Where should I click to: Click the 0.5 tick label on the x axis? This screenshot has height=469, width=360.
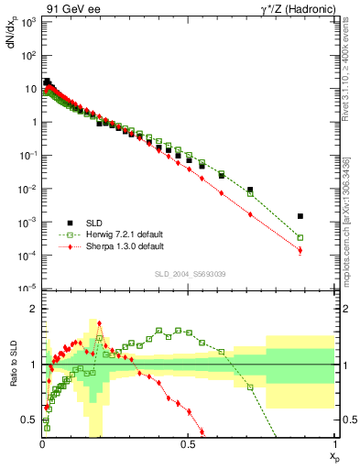point(188,444)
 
